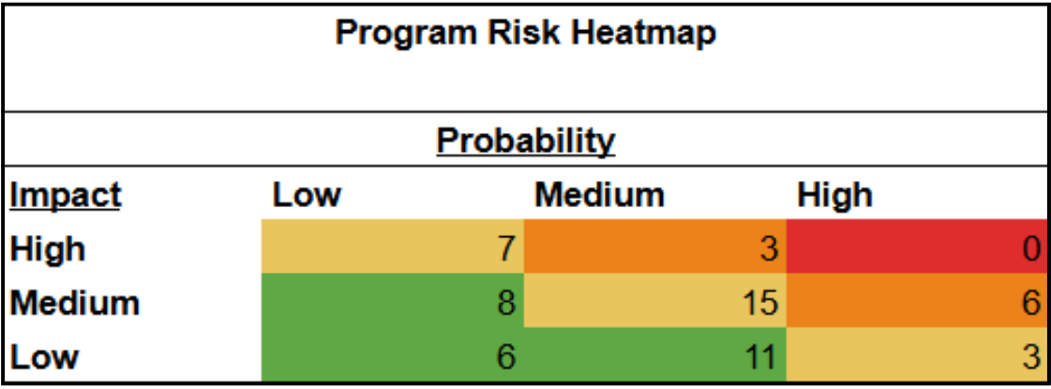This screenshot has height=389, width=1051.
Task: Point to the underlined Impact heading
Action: pyautogui.click(x=66, y=195)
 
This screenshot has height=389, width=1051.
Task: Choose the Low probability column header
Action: pyautogui.click(x=307, y=195)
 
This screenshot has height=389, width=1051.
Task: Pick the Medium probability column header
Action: pyautogui.click(x=599, y=195)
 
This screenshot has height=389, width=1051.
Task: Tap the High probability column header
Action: pyautogui.click(x=834, y=195)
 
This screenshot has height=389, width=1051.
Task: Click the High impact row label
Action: pyautogui.click(x=48, y=249)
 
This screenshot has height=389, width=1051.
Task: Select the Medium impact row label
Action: pyautogui.click(x=75, y=303)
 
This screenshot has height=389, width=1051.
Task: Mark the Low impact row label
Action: pyautogui.click(x=44, y=357)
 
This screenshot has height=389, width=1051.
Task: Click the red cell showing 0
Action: pyautogui.click(x=916, y=248)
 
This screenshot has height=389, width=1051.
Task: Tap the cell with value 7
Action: pyautogui.click(x=393, y=248)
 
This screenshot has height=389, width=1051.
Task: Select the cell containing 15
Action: pyautogui.click(x=654, y=302)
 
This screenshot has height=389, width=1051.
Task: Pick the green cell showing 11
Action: pyautogui.click(x=654, y=356)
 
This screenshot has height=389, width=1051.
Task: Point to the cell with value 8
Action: pyautogui.click(x=393, y=302)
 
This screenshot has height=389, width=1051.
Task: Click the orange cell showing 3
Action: pyautogui.click(x=654, y=248)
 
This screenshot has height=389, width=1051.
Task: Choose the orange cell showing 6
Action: pyautogui.click(x=916, y=302)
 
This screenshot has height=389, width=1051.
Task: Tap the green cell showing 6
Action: pyautogui.click(x=393, y=356)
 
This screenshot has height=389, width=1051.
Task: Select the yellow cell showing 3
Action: pyautogui.click(x=916, y=356)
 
